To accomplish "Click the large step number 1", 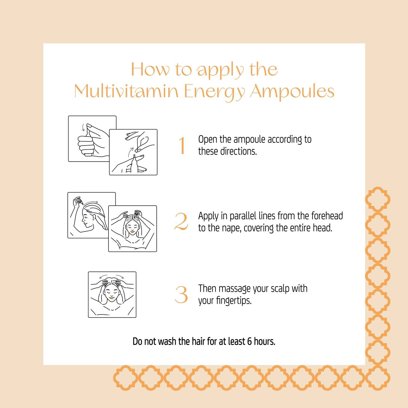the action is pyautogui.click(x=182, y=146).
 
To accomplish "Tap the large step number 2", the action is pyautogui.click(x=181, y=221).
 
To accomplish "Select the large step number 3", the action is pyautogui.click(x=181, y=295).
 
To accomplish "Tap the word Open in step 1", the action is pyautogui.click(x=208, y=140).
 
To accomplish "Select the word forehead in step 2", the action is pyautogui.click(x=327, y=216).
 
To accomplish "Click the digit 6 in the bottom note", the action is pyautogui.click(x=249, y=341).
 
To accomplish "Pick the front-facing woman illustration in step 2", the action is pyautogui.click(x=132, y=228).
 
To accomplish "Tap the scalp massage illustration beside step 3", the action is pyautogui.click(x=112, y=295).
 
